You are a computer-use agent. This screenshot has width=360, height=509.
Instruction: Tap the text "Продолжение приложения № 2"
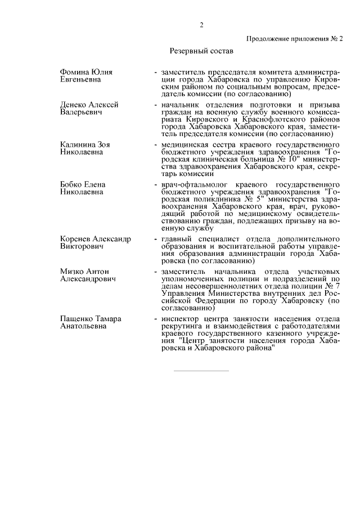(x=294, y=39)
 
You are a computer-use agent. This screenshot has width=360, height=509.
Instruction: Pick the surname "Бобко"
(x=71, y=184)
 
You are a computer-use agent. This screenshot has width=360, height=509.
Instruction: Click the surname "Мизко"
(x=73, y=272)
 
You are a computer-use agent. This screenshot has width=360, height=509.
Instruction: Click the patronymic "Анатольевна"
(x=83, y=326)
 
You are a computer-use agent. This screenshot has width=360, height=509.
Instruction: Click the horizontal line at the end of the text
(x=200, y=371)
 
